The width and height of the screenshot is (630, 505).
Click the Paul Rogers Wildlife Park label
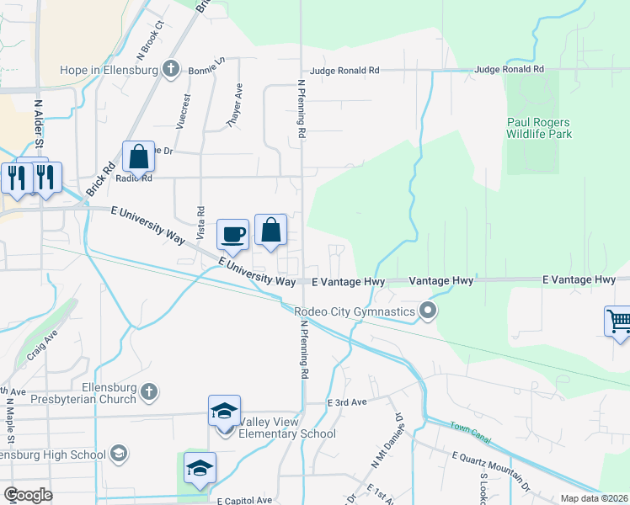(539, 128)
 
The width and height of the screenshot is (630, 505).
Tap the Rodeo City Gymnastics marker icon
(428, 313)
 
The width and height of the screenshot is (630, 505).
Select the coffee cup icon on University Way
(232, 235)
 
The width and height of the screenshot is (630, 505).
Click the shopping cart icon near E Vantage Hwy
(618, 321)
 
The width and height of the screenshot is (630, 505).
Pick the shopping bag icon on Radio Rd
(138, 157)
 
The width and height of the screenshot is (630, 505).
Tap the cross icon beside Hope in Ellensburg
(171, 69)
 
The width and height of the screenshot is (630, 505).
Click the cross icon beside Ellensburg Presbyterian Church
(148, 391)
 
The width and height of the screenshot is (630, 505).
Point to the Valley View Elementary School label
(287, 428)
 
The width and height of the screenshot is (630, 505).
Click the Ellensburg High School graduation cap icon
(119, 454)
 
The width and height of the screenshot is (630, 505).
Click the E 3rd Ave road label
(347, 402)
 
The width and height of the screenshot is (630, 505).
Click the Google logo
(28, 494)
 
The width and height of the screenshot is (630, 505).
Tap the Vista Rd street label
(200, 222)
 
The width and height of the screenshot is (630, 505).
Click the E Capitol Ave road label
(248, 501)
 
